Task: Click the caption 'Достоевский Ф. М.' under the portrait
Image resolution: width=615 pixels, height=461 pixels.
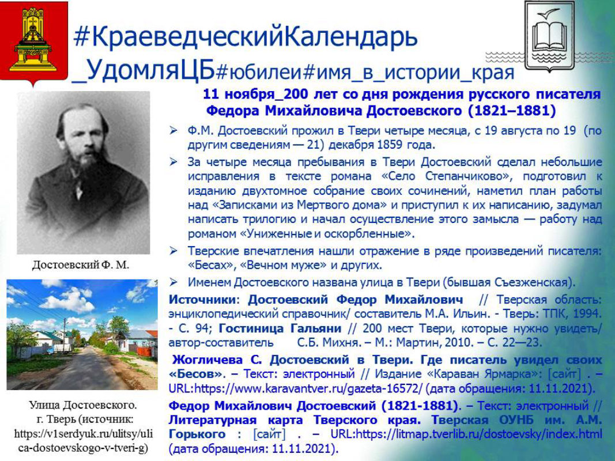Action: point(80,265)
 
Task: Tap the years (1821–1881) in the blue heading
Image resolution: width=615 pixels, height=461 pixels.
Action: point(512,111)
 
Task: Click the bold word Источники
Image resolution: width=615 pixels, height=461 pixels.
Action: point(202,300)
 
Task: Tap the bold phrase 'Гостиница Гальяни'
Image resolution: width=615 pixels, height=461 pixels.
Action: point(280,328)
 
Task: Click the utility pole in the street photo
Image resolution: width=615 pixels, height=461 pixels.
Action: point(65,335)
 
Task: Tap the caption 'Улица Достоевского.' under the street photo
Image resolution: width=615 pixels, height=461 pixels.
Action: point(83,405)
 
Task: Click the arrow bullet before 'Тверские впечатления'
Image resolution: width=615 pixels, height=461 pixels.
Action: point(173,251)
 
